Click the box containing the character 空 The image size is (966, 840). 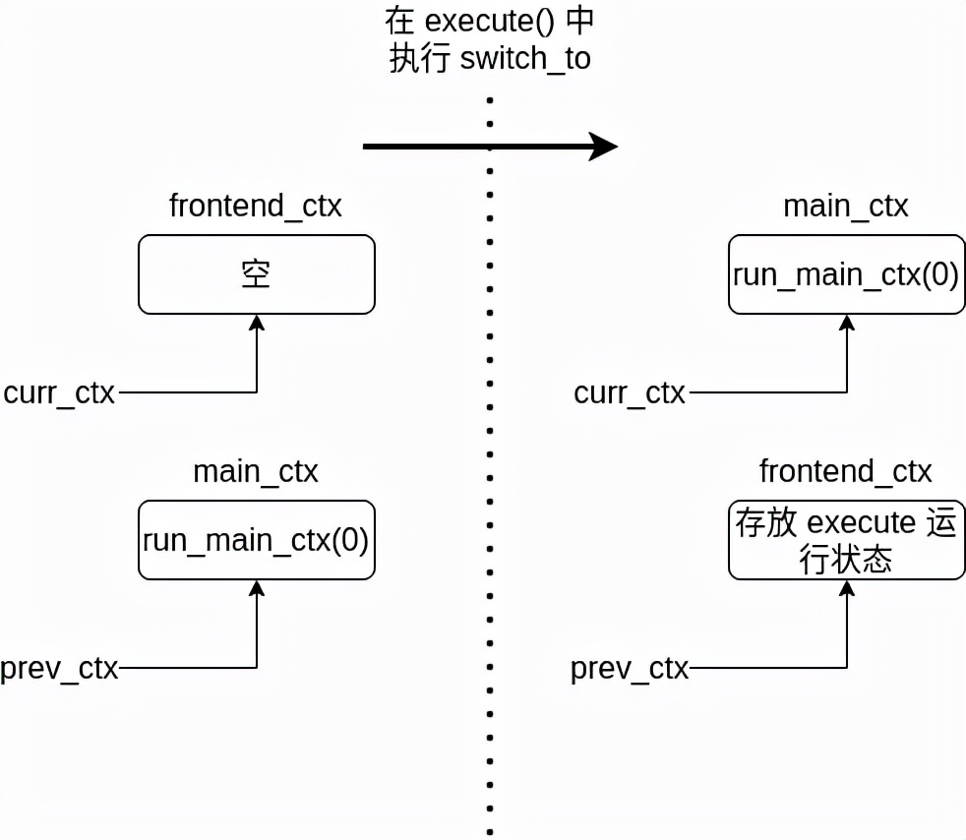pyautogui.click(x=257, y=274)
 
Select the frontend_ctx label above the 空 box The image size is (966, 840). pyautogui.click(x=256, y=208)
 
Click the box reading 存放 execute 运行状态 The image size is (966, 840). pyautogui.click(x=846, y=540)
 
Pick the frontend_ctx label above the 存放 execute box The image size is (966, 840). pyautogui.click(x=845, y=472)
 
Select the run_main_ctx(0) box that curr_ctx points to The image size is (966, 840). pyautogui.click(x=846, y=274)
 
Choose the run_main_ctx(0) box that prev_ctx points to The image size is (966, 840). pyautogui.click(x=257, y=540)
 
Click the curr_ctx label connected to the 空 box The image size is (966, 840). pyautogui.click(x=59, y=393)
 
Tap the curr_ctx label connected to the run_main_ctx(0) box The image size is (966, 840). pyautogui.click(x=630, y=393)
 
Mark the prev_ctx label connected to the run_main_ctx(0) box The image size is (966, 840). pyautogui.click(x=59, y=669)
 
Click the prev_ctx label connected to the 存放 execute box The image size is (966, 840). pyautogui.click(x=630, y=669)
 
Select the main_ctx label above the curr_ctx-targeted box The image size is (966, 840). pyautogui.click(x=845, y=208)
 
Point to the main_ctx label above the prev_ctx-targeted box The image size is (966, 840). pyautogui.click(x=256, y=472)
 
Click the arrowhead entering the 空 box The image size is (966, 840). pyautogui.click(x=257, y=323)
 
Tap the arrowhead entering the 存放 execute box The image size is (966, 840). pyautogui.click(x=847, y=588)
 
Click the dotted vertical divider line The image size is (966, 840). pyautogui.click(x=489, y=443)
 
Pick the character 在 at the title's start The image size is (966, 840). pyautogui.click(x=396, y=22)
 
